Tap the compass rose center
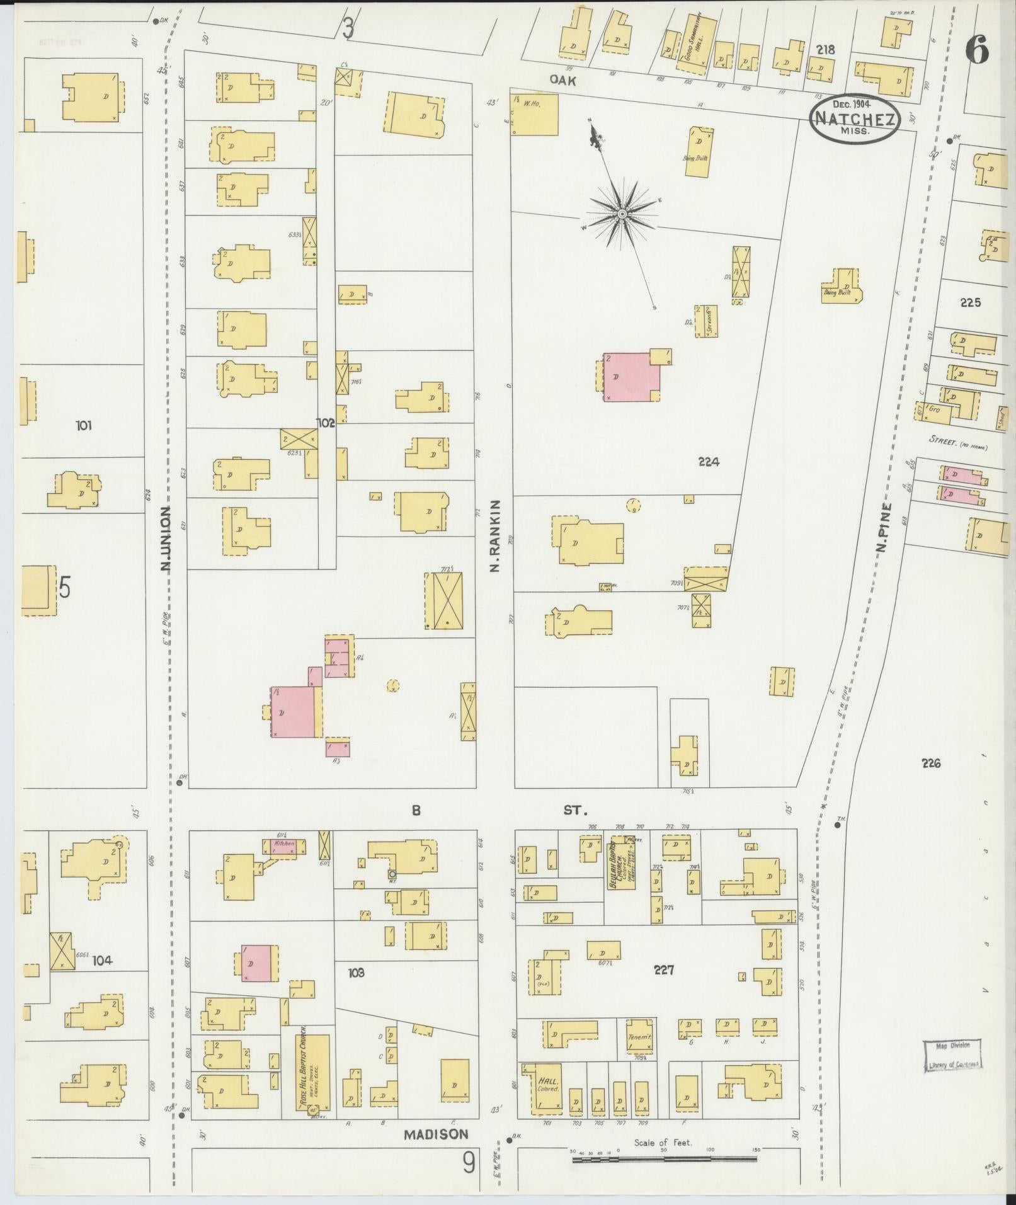point(622,214)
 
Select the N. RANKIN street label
point(494,536)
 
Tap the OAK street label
point(562,81)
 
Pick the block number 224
point(709,462)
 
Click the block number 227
point(664,971)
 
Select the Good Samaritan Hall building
point(697,43)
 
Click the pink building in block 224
point(631,377)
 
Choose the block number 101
point(84,426)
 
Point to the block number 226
point(931,763)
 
